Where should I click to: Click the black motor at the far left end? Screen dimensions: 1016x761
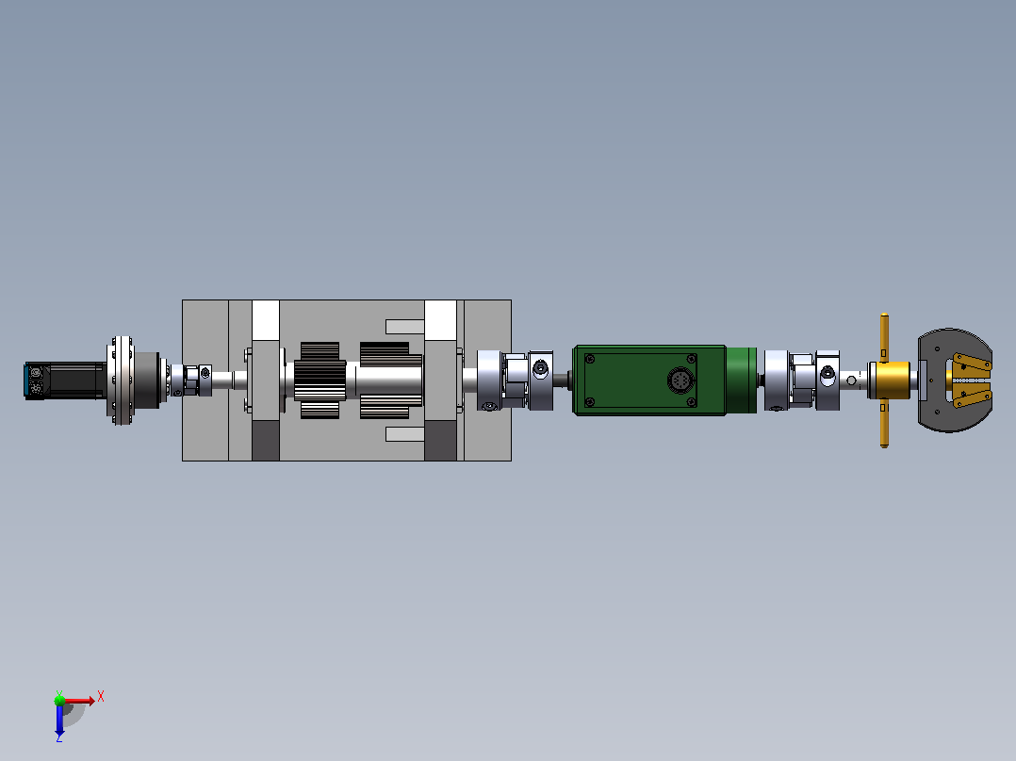click(65, 380)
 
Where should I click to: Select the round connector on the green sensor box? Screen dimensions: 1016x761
click(679, 380)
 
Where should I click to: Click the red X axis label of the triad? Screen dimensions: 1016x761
click(101, 697)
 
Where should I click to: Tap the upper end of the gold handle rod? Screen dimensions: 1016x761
click(884, 316)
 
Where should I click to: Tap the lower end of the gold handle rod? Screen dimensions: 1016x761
click(884, 444)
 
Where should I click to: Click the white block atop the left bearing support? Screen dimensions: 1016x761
click(265, 320)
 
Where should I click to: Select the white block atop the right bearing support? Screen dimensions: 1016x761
click(441, 320)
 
